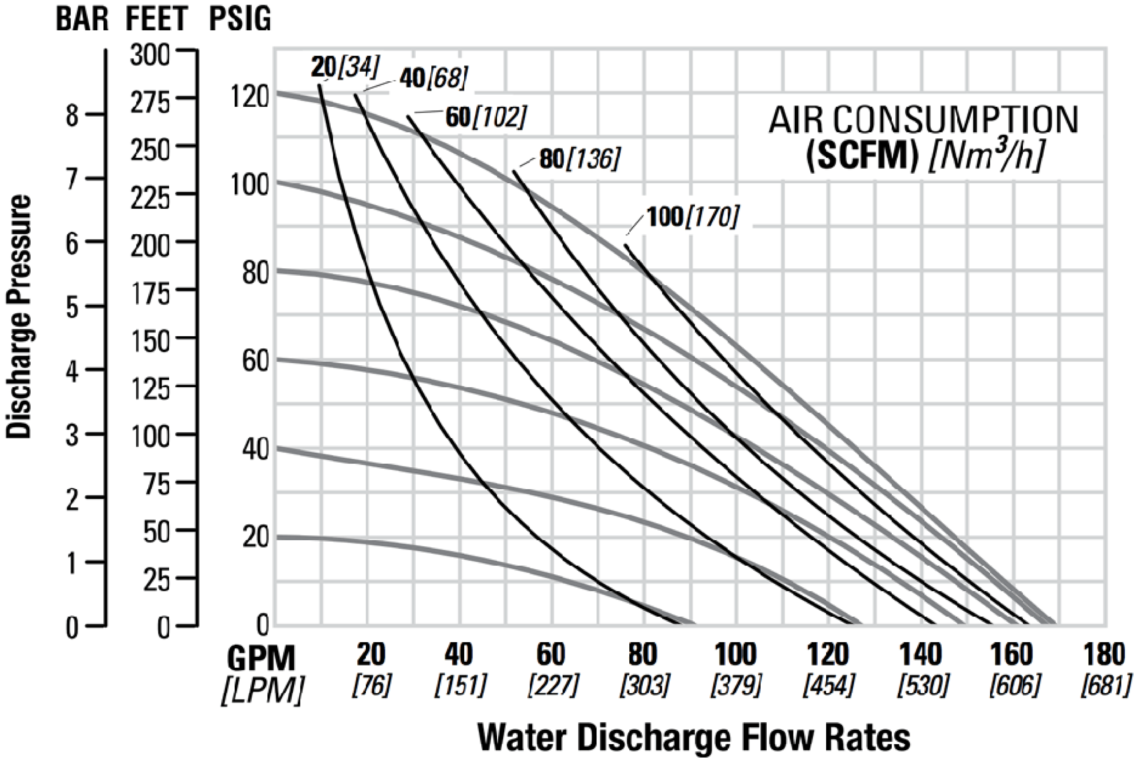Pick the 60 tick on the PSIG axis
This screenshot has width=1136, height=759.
255,361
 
